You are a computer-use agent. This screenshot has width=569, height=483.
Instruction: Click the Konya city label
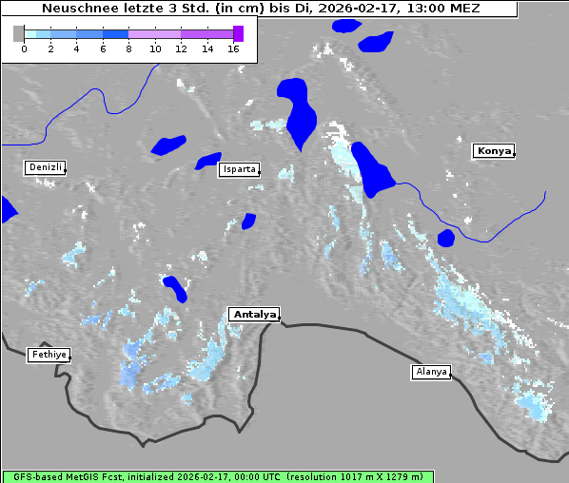(x=494, y=151)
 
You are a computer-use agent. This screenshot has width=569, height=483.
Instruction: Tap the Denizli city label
(x=45, y=167)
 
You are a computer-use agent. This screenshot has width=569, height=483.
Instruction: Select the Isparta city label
(x=238, y=169)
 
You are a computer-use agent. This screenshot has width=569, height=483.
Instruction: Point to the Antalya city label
(x=254, y=314)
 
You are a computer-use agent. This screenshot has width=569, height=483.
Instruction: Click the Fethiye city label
(x=48, y=355)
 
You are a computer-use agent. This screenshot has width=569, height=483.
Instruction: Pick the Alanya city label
(x=430, y=371)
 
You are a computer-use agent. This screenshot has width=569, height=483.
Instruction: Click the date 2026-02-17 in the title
(x=353, y=9)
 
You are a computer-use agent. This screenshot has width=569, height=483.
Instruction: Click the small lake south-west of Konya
(x=445, y=238)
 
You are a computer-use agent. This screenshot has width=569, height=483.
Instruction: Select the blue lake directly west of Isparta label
(x=207, y=161)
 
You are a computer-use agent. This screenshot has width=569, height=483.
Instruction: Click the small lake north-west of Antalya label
(x=175, y=287)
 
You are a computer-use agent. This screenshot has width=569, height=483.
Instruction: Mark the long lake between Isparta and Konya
(x=371, y=169)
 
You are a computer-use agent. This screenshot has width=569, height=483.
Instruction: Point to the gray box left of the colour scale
(x=18, y=33)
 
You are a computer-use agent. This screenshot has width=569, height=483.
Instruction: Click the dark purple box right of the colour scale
(x=238, y=33)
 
